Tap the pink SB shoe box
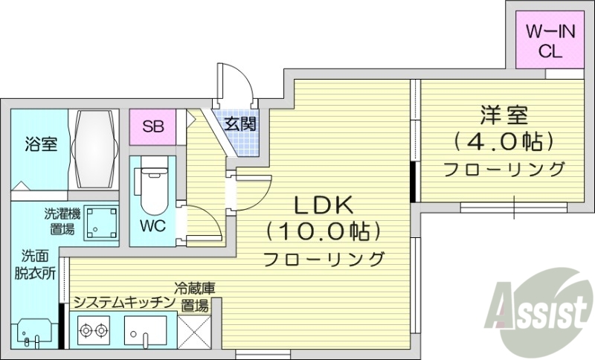(x=154, y=126)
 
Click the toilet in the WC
(x=153, y=186)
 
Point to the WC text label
(x=152, y=224)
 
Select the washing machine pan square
(x=100, y=221)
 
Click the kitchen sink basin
(x=145, y=330)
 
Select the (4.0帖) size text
(x=504, y=141)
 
